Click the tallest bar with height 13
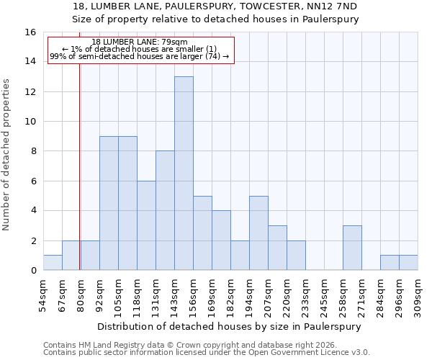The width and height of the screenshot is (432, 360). pos(184,174)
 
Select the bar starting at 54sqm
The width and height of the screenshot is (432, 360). pos(53,263)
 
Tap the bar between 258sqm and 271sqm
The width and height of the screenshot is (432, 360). pos(352,248)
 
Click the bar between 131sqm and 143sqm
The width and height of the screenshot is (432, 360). pos(165,211)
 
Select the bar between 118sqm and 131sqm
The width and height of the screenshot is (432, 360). pos(146,225)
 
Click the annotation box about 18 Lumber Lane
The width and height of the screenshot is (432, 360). pos(140,50)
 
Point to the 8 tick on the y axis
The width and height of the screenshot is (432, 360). pos(33,151)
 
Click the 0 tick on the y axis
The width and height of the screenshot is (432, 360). pos(33,271)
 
